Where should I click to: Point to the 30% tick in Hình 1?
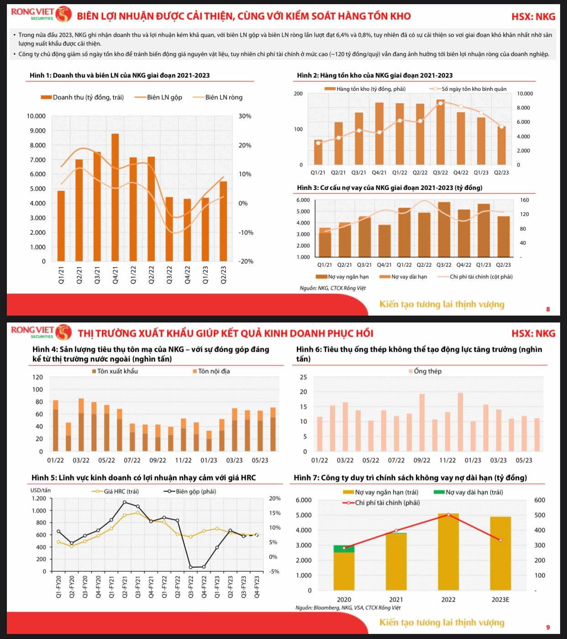[x=245, y=116]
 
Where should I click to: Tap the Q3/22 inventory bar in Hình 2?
[x=441, y=132]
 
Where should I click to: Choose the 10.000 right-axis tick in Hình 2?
[x=525, y=94]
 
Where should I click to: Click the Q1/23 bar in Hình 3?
[x=483, y=230]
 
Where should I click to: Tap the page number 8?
[x=548, y=309]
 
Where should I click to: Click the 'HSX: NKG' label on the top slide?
[x=533, y=17]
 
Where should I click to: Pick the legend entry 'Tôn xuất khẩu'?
[x=117, y=371]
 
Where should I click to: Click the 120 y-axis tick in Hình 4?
[x=37, y=377]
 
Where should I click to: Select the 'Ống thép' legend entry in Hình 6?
[x=427, y=371]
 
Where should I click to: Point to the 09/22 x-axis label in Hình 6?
[x=422, y=460]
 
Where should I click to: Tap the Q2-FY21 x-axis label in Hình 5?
[x=125, y=587]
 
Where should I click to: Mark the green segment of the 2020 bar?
[x=344, y=549]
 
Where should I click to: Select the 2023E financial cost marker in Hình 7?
[x=500, y=540]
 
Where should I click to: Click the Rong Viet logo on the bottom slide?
[x=41, y=332]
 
